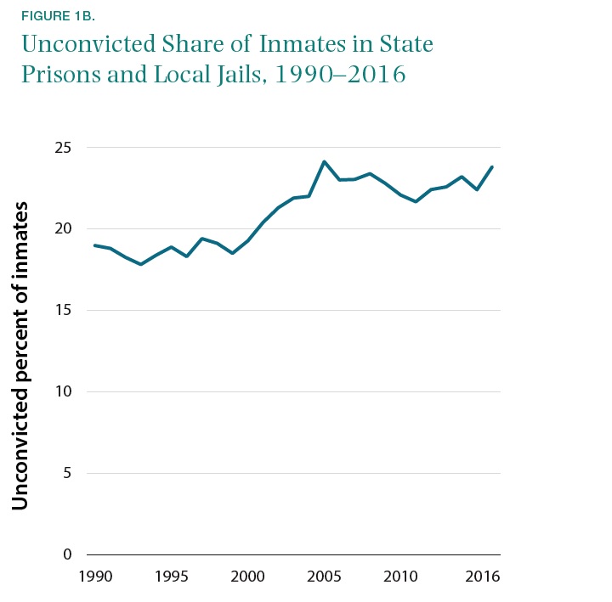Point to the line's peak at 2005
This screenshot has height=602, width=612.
pos(324,161)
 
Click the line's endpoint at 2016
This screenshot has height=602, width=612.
pos(492,166)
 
